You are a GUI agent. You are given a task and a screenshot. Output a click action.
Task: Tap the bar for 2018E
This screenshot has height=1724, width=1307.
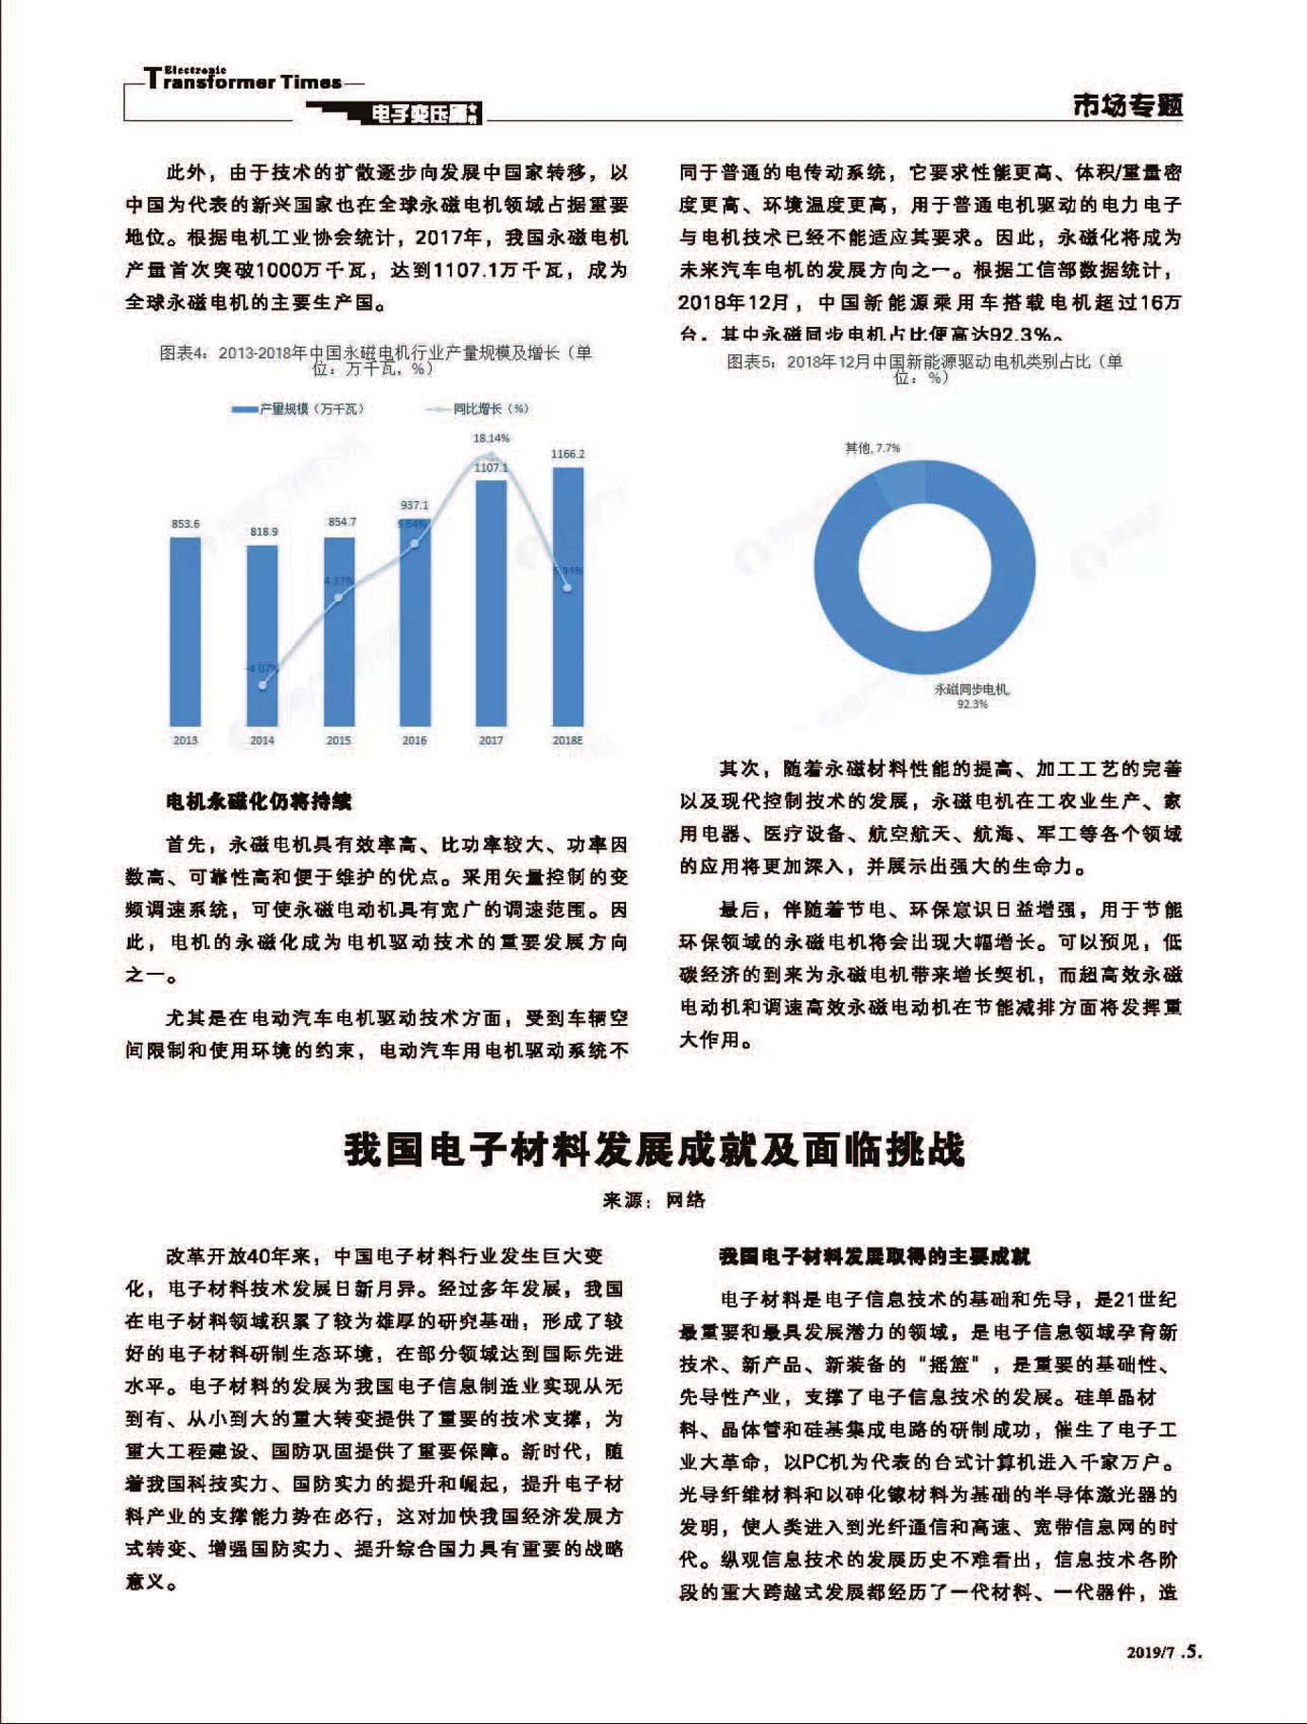[x=567, y=597]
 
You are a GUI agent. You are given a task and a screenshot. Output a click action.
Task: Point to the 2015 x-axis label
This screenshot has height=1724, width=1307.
[x=338, y=740]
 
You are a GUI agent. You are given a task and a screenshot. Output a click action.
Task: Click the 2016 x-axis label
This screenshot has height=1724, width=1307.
[x=414, y=740]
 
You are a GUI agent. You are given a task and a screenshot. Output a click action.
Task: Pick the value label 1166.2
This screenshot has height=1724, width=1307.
[x=567, y=454]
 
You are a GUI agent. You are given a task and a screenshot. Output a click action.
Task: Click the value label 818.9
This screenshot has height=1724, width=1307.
[x=263, y=531]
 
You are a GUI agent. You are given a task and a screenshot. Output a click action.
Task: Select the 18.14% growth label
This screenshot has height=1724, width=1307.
[x=491, y=438]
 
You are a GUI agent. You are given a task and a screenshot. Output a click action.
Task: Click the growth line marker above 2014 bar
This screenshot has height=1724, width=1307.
[x=262, y=685]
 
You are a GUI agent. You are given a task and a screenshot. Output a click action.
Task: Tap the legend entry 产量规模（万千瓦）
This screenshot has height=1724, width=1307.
[x=298, y=408]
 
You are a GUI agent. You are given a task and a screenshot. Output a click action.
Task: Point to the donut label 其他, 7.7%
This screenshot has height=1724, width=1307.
[x=872, y=447]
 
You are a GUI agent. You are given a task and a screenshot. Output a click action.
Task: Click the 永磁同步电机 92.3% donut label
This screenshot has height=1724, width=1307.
[x=972, y=696]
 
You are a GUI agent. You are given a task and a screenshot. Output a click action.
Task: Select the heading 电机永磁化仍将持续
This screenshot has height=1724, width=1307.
[x=258, y=801]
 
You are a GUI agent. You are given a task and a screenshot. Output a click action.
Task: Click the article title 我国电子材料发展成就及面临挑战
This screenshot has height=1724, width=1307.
[x=653, y=1149]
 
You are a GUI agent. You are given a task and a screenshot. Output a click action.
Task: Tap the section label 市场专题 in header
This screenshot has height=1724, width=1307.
[x=1127, y=104]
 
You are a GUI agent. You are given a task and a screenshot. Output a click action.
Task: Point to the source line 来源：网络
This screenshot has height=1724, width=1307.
[x=653, y=1200]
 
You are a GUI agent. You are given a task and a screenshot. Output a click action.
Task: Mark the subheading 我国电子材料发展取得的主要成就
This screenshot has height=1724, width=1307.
[x=873, y=1256]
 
